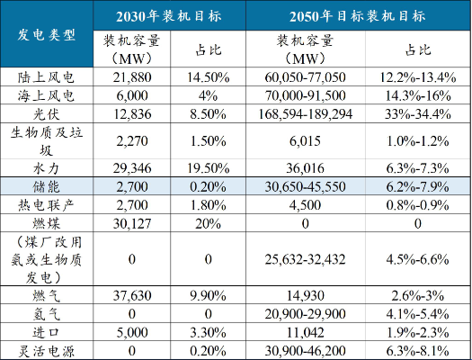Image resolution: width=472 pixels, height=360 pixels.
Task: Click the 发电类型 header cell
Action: pos(47,35)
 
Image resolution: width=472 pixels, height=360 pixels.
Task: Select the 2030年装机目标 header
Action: pos(169,16)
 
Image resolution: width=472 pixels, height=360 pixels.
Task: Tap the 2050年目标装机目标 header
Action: pos(357,16)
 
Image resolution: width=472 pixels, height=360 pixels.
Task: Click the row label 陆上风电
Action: pos(46,77)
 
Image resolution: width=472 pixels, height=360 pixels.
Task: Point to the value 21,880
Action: pos(132,77)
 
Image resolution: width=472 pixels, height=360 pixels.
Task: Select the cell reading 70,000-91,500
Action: pos(306,95)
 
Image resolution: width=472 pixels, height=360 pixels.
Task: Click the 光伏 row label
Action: pos(47,114)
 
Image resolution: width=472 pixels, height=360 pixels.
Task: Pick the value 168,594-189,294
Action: pos(306,114)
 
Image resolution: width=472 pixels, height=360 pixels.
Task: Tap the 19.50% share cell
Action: pos(208,168)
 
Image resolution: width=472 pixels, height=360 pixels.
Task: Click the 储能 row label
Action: pos(47,186)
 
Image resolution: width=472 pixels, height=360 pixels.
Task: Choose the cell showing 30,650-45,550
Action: pos(306,187)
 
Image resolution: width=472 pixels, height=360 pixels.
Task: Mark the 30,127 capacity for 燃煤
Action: pos(132,223)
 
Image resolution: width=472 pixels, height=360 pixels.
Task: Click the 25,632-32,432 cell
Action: pos(306,259)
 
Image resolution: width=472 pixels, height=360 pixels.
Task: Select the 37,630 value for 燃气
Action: pos(132,295)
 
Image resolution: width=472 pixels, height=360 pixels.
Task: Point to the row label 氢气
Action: pos(47,314)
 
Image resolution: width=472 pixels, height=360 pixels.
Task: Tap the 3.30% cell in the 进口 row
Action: pos(208,333)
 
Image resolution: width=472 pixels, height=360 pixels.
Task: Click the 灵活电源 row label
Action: pos(46,351)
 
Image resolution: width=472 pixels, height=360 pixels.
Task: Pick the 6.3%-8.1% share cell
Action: pos(418,351)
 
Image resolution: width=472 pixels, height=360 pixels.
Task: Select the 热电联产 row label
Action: pos(46,205)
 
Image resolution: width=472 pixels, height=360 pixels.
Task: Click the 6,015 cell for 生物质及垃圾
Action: pos(306,141)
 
